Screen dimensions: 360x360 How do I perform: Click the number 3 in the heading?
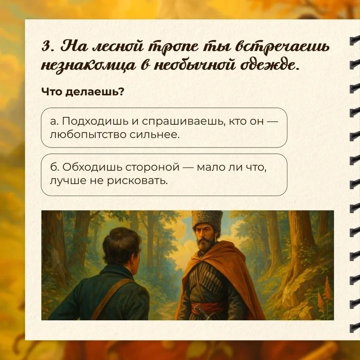click(45, 47)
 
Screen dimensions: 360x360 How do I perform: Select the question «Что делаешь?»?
click(83, 92)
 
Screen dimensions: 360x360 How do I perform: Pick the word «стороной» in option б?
click(152, 167)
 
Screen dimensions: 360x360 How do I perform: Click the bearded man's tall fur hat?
click(207, 221)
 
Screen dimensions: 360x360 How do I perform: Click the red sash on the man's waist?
click(203, 308)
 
